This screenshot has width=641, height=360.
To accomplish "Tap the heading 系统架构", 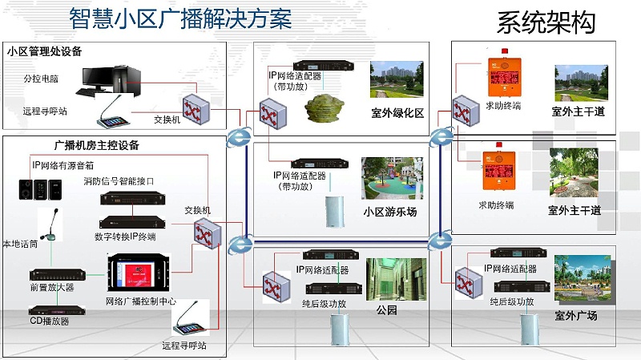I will (546, 22).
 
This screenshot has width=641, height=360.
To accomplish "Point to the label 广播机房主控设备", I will (96, 145).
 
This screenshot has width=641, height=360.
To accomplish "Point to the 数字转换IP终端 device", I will (133, 221).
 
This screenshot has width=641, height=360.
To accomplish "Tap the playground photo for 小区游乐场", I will (391, 178).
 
